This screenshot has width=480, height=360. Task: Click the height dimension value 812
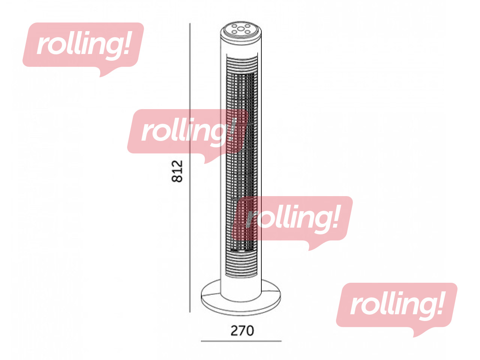click(177, 171)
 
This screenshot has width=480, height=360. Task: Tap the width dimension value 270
click(242, 331)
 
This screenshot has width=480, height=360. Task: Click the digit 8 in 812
click(177, 178)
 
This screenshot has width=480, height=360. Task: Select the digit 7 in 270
click(242, 331)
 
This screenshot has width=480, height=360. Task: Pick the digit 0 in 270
click(250, 331)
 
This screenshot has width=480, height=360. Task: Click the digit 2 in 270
click(234, 331)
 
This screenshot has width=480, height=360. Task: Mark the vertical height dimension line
click(190, 168)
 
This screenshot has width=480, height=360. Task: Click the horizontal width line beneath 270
click(241, 341)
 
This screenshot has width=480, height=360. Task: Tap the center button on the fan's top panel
click(240, 28)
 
